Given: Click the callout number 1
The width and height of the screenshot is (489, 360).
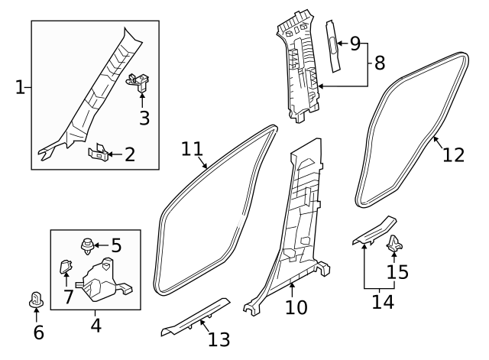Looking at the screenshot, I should point(20,88).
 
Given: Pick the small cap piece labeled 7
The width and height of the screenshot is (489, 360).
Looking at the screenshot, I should point(65,268).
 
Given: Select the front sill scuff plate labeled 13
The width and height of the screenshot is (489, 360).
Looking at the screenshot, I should point(196,316).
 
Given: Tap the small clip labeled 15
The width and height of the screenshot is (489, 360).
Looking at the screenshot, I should point(394,244).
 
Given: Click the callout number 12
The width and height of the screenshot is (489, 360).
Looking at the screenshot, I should point(453,154).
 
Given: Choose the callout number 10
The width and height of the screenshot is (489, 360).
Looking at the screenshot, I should point(296,307).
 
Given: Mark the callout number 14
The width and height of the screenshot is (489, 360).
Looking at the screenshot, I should point(383,302).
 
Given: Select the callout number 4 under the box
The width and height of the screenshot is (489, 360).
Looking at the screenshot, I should point(96,325).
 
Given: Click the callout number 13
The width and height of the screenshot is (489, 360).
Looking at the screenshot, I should point(219,339).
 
